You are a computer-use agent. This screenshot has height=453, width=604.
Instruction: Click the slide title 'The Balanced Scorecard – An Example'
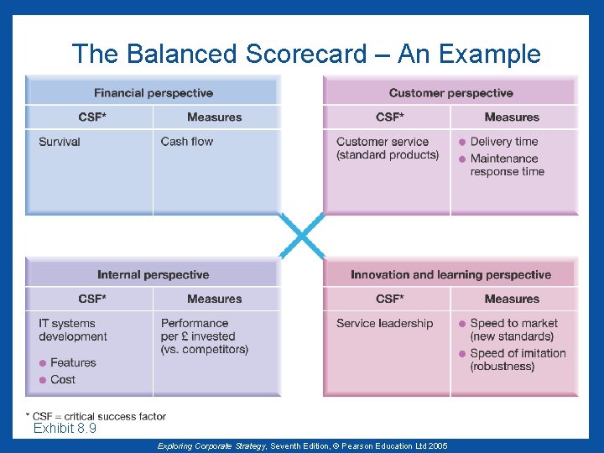click(x=306, y=55)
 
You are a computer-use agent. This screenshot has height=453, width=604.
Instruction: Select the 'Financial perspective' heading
click(x=154, y=93)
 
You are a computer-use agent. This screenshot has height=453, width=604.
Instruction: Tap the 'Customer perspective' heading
click(x=450, y=93)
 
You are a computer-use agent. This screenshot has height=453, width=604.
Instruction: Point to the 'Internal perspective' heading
click(x=154, y=274)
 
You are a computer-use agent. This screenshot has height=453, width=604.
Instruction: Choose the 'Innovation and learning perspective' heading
click(x=450, y=274)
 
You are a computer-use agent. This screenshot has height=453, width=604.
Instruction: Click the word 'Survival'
click(x=60, y=142)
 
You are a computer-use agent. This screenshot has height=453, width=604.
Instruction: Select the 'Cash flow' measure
click(x=187, y=142)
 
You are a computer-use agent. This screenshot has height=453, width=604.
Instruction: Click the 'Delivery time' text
click(x=504, y=142)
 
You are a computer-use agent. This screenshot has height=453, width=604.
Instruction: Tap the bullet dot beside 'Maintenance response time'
click(x=462, y=159)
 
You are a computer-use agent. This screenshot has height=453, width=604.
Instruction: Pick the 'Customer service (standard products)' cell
click(x=387, y=148)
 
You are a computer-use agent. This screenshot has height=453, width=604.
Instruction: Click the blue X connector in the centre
click(x=301, y=235)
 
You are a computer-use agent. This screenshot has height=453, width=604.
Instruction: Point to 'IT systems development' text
click(x=72, y=330)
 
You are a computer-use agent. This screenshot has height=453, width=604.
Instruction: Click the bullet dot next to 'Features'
click(x=43, y=363)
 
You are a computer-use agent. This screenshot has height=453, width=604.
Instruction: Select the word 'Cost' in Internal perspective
click(x=63, y=380)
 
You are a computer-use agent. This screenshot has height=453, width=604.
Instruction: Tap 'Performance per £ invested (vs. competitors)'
click(x=204, y=336)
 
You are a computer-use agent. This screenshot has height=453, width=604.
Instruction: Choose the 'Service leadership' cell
click(x=385, y=324)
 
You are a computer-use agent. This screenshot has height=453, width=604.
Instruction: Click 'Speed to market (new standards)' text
click(x=513, y=330)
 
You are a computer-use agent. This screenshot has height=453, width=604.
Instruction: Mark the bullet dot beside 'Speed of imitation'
click(x=462, y=353)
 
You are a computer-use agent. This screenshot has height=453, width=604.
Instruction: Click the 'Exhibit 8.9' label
click(x=65, y=429)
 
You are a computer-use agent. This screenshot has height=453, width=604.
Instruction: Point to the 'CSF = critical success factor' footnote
click(x=99, y=416)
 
